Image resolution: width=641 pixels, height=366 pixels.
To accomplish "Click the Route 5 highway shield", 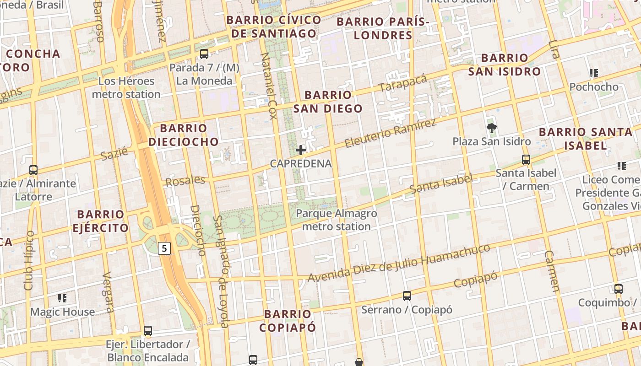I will click(165, 248).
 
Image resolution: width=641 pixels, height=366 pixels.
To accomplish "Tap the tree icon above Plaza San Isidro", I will click(492, 128).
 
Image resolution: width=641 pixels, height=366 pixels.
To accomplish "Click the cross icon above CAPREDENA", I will click(301, 150).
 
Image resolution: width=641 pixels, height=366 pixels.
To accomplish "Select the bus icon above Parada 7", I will click(204, 54).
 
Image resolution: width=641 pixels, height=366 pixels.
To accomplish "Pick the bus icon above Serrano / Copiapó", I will click(407, 296).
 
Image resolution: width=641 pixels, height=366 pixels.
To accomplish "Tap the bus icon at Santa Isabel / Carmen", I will click(526, 160).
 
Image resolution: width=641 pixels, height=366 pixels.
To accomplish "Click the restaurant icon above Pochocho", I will click(594, 73).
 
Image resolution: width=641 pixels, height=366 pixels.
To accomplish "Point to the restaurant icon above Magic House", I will click(62, 298).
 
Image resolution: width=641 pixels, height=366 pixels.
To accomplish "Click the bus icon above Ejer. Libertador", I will click(147, 330).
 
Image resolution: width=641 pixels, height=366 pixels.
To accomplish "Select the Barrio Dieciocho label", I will click(184, 135).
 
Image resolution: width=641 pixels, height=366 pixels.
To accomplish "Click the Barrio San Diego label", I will click(328, 102).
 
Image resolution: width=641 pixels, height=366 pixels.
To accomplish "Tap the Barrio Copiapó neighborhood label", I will click(288, 321).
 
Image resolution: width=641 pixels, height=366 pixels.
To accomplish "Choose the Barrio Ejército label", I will click(100, 221).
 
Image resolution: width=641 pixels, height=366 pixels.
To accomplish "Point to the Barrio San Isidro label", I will click(504, 65).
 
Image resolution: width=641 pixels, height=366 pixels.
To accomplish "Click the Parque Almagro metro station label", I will click(337, 220).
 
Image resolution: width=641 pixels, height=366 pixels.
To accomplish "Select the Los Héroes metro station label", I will click(126, 88).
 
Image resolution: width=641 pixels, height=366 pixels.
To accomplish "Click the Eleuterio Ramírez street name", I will click(390, 133).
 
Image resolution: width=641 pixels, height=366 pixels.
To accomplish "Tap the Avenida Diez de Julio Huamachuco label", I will click(398, 264).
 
